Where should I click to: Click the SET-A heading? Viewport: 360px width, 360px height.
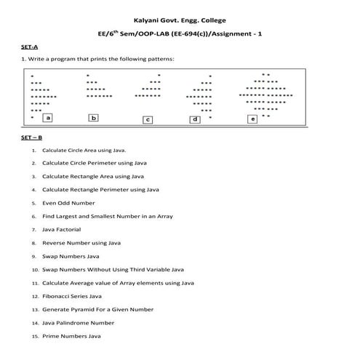click(x=30, y=45)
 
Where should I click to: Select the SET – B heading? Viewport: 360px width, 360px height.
click(x=32, y=137)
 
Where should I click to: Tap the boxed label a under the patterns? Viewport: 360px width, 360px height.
click(x=48, y=117)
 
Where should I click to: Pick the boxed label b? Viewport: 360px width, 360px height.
click(x=94, y=117)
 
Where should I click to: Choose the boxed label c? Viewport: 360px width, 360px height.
click(x=148, y=119)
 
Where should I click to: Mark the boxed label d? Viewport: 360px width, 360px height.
click(x=195, y=119)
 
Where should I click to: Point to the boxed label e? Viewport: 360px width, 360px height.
click(x=252, y=119)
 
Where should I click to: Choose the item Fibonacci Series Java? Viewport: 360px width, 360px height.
click(x=72, y=296)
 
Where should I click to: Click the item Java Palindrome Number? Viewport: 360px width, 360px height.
click(x=78, y=322)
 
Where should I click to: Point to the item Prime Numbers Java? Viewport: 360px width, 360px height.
click(x=71, y=336)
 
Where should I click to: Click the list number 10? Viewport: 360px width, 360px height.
click(x=34, y=270)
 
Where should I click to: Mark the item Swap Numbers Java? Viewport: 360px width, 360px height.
click(x=70, y=256)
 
